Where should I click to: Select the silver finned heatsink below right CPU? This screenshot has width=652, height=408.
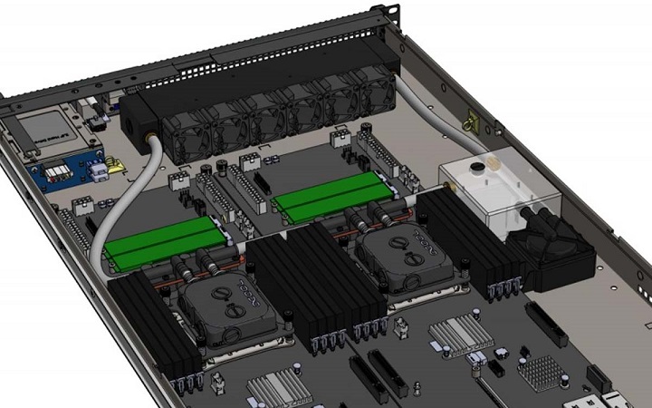point(461,335)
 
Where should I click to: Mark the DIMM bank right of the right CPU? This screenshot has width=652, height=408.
point(471,240)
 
